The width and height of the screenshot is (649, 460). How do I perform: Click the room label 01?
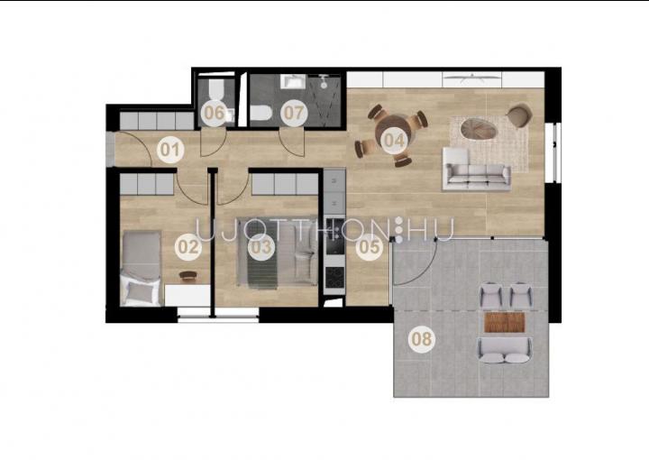point(170,149)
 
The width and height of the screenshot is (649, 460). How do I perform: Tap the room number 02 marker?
point(188,247)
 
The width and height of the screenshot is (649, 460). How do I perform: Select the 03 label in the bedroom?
point(261,247)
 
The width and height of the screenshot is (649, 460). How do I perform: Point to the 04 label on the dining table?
point(394,140)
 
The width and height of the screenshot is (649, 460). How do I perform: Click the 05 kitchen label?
point(370,247)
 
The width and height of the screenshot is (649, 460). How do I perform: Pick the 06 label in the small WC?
point(215,113)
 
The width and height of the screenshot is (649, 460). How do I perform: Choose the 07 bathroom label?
point(294,113)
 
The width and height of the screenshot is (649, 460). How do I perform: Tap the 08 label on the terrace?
point(422,339)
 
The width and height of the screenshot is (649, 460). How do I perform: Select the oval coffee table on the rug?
point(479,128)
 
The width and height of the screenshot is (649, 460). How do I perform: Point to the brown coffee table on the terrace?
point(505,323)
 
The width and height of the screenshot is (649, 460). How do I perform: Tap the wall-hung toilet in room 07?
point(261,112)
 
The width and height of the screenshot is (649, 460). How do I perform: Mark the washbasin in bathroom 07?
point(293,81)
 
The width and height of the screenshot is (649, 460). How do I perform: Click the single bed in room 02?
point(142,268)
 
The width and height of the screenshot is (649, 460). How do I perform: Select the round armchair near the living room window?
point(519,115)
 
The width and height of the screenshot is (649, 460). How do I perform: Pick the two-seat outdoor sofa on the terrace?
point(505,350)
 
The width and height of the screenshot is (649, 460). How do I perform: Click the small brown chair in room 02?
point(188,275)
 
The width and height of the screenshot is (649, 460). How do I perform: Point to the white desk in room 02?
point(187,295)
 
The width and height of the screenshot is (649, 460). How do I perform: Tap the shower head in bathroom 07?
point(323,78)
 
